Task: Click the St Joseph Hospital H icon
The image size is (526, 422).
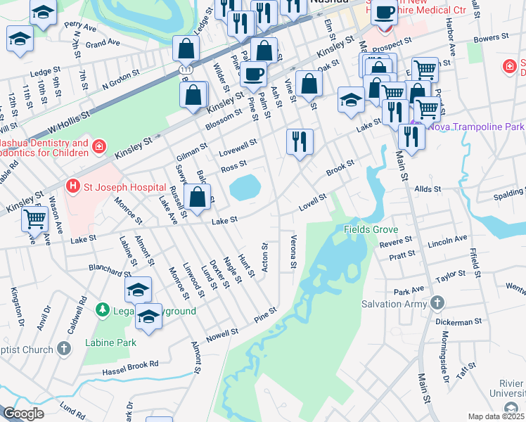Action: coord(71,186)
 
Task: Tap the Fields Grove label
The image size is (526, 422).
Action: coord(371,229)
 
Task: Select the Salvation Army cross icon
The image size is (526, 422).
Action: coord(437,304)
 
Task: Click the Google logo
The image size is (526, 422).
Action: coord(23,413)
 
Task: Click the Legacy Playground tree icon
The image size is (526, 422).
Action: coord(103,310)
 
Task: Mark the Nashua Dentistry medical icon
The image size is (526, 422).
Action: coord(100,147)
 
